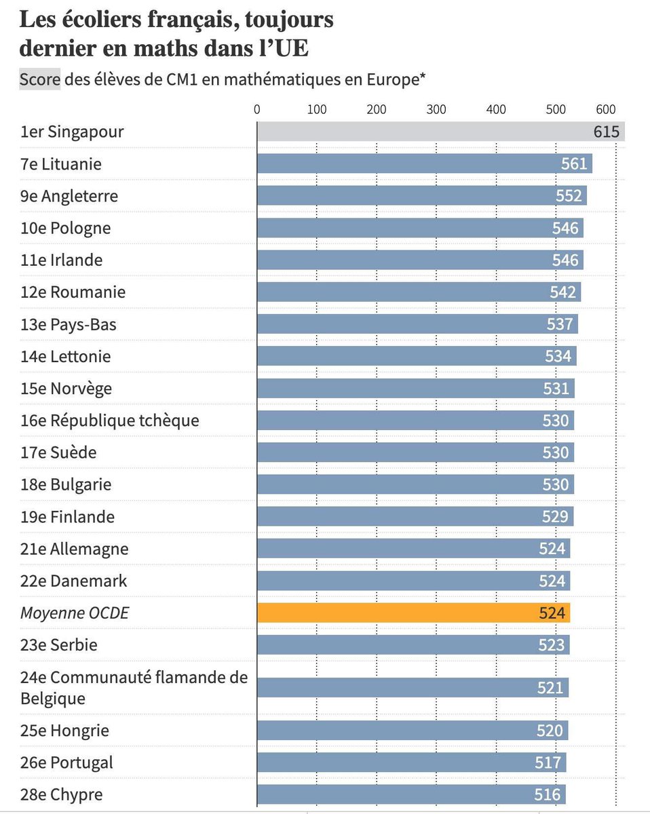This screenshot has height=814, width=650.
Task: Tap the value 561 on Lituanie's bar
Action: pos(573,164)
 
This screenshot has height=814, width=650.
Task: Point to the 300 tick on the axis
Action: pos(436,109)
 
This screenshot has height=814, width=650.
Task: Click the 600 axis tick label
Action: pos(605,109)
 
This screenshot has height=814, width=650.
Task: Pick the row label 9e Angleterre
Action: pos(69,196)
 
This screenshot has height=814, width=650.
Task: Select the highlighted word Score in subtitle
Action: pos(39,79)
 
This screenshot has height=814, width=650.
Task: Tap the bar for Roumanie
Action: pos(419,292)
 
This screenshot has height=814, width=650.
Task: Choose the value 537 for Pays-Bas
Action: pos(560,324)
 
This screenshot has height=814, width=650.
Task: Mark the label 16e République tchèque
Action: pos(110,421)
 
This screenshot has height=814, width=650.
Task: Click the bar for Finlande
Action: pos(415,517)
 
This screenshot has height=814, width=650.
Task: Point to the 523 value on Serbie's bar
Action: pos(551,645)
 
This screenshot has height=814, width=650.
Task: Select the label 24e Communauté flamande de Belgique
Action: pos(134,687)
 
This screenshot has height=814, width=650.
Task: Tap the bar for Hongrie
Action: pos(412,731)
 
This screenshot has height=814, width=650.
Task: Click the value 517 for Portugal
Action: pos(548,762)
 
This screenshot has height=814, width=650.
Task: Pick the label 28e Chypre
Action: pos(62,794)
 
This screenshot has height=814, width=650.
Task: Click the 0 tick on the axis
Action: pos(256,109)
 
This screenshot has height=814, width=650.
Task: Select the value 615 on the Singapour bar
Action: pos(606,132)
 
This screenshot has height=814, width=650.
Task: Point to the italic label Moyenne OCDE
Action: pos(75,613)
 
